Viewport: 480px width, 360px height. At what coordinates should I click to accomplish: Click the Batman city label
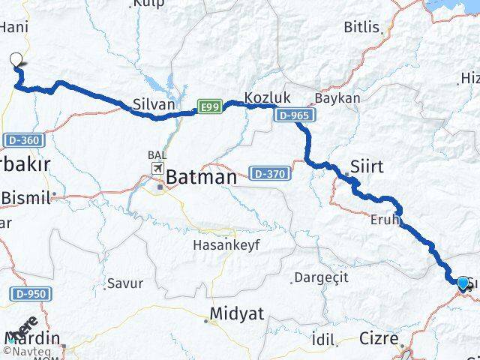[200, 178]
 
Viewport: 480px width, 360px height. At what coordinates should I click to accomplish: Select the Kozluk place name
[263, 97]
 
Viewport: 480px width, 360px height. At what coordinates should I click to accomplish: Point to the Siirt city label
[367, 166]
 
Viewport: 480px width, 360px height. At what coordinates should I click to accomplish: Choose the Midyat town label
[237, 313]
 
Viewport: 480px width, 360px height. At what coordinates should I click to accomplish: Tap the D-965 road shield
[293, 115]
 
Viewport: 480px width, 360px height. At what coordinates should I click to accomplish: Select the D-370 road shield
[267, 172]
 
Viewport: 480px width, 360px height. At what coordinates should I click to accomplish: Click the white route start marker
[16, 61]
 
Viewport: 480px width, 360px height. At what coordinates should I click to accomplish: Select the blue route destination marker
[463, 282]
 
